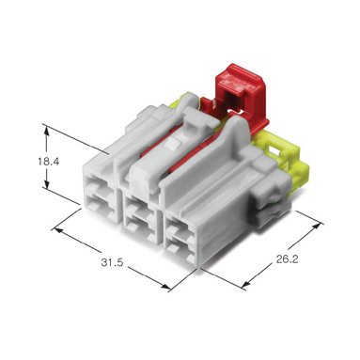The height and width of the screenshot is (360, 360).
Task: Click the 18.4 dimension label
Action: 49,162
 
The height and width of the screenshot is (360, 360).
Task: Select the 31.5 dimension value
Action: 112,262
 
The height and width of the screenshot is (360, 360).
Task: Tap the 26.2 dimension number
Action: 287,259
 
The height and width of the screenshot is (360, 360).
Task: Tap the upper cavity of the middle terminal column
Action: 140,209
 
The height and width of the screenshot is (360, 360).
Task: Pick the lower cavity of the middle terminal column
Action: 140,228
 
